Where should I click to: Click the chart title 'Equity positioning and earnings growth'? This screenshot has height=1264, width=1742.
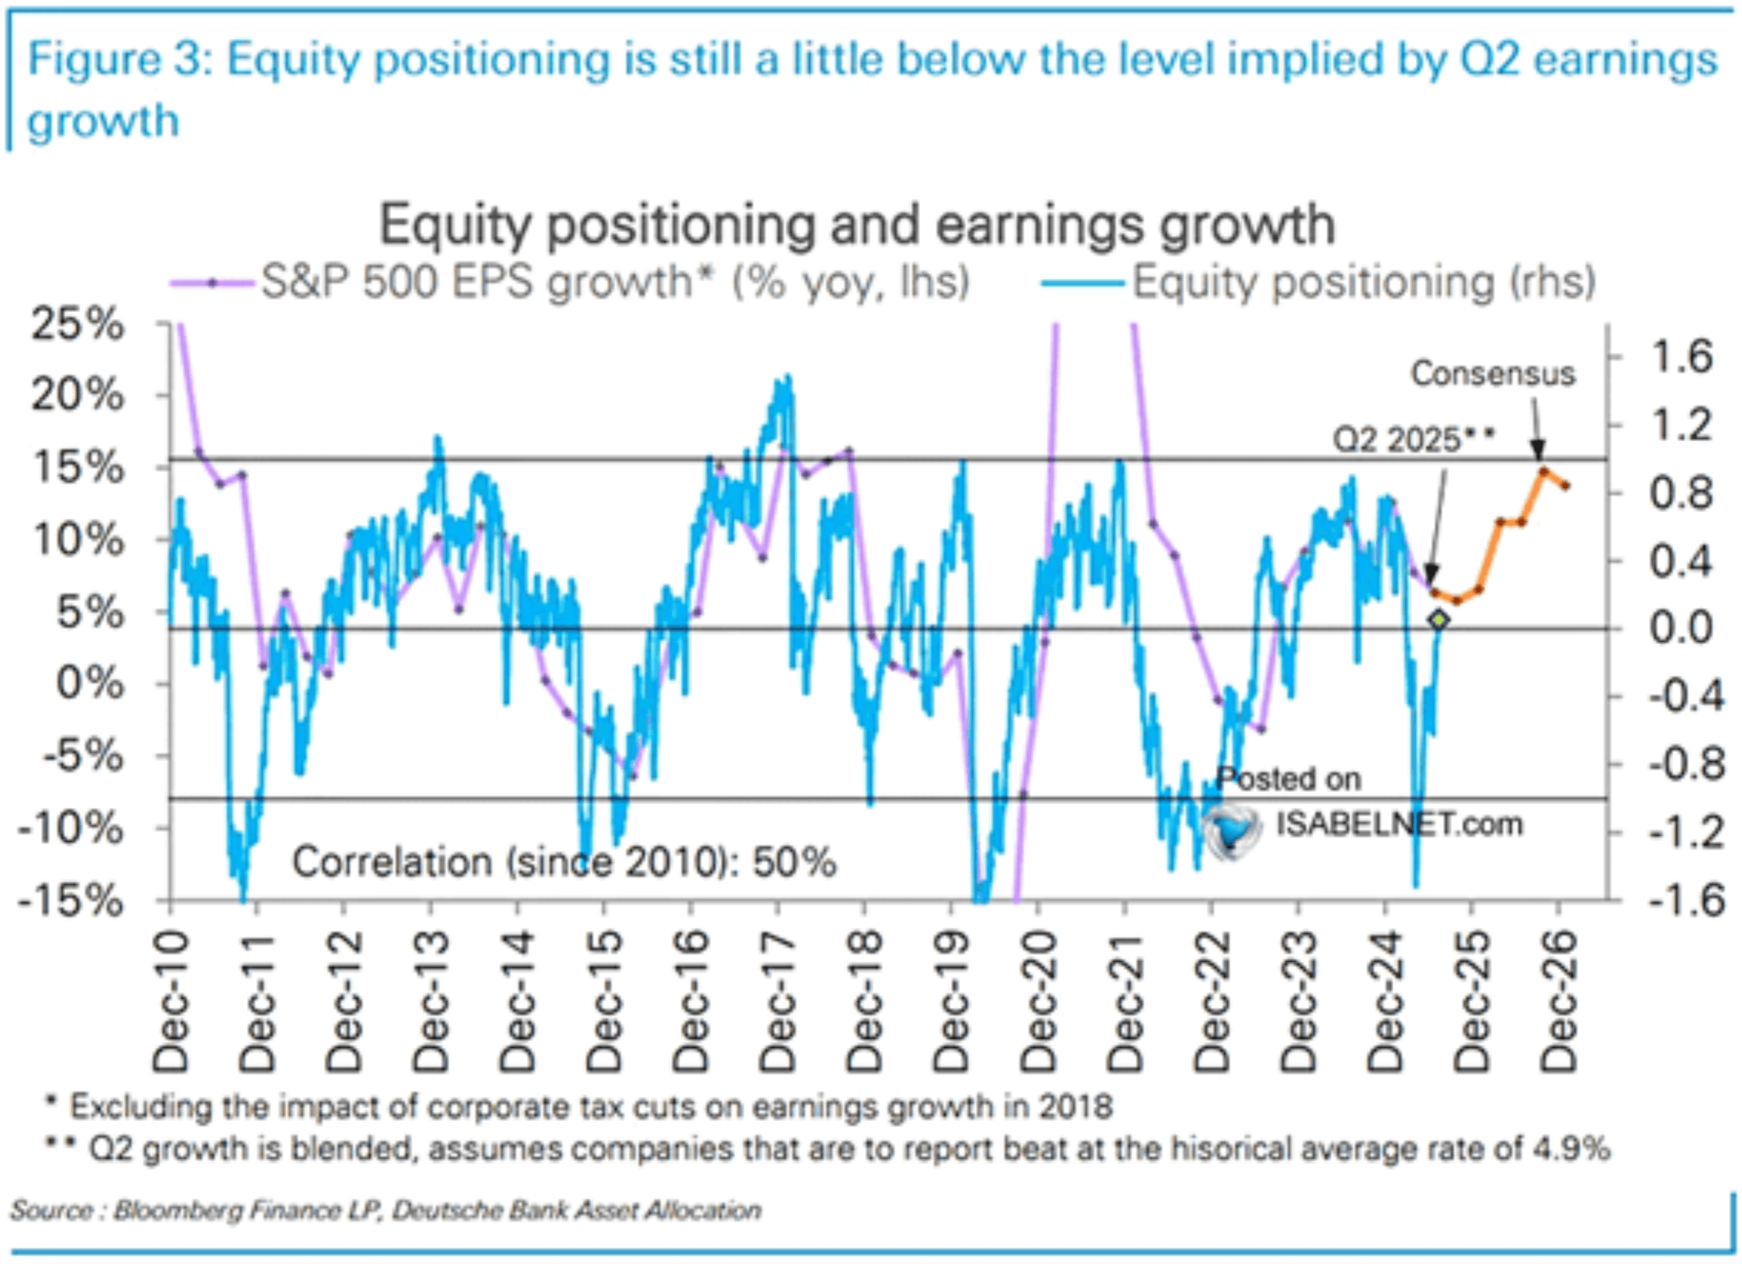click(x=856, y=225)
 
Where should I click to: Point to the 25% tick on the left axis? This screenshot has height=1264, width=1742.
click(x=77, y=324)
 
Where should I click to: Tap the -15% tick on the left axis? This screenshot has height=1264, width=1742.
click(x=71, y=900)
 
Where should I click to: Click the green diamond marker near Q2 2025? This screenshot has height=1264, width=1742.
click(x=1438, y=619)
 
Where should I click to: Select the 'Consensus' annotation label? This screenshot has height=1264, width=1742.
click(x=1492, y=374)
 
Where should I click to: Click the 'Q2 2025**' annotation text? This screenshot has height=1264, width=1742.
click(x=1414, y=439)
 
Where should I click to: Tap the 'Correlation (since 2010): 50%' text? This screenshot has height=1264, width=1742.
click(x=563, y=862)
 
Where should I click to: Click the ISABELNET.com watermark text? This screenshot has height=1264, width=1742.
click(x=1399, y=824)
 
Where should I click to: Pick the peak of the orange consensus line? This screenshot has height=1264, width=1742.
click(x=1541, y=471)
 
